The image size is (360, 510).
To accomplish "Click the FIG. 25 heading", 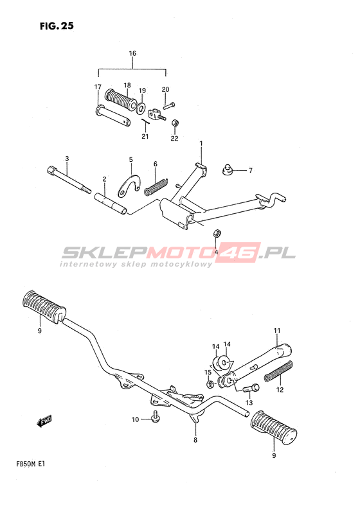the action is (x=57, y=26).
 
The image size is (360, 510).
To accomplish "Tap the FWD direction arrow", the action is (x=44, y=421).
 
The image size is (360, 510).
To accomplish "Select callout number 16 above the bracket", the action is (x=132, y=53).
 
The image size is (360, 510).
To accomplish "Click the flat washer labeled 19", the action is (x=141, y=108).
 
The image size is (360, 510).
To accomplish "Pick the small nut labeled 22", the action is (x=175, y=123).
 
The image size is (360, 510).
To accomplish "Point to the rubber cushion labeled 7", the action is (x=228, y=170).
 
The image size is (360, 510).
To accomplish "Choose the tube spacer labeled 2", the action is (x=111, y=204).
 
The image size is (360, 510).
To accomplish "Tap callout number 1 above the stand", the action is (x=201, y=143).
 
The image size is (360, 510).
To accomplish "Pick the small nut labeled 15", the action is (x=210, y=384).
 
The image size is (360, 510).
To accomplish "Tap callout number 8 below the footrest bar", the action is (x=195, y=440).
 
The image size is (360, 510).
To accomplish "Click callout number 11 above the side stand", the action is (x=276, y=331).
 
